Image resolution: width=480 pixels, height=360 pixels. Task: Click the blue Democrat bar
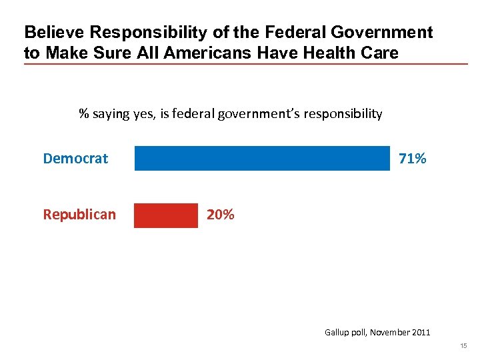pos(262,159)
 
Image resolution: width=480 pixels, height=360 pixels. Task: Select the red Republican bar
pos(166,215)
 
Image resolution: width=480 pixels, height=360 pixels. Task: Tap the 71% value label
pos(412,159)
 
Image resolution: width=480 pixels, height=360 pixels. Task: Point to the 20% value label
pos(220,215)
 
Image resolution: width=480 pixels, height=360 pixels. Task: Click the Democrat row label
pos(75,159)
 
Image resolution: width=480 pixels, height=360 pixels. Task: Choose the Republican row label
pos(79,215)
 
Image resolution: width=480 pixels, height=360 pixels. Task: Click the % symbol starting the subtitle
pos(84,114)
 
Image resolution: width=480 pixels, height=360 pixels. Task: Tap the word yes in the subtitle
pos(142,114)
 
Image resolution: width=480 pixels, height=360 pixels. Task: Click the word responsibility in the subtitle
pos(343,114)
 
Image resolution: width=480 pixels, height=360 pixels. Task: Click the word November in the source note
pos(391,332)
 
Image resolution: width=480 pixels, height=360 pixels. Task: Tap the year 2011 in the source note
pos(421,332)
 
